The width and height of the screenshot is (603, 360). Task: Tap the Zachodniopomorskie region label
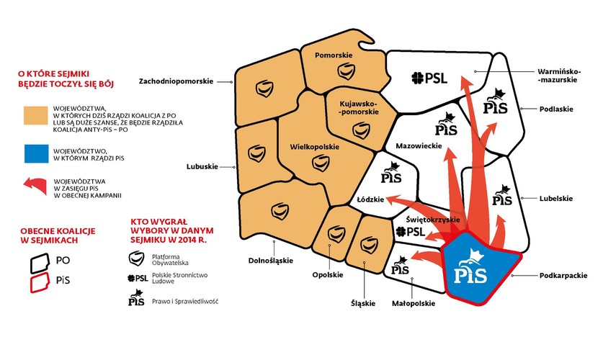click(x=177, y=81)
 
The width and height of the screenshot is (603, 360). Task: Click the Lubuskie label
click(x=202, y=166)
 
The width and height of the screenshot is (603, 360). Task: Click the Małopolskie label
click(x=412, y=303)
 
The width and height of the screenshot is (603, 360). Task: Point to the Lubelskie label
click(x=555, y=198)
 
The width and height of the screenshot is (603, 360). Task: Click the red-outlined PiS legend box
click(x=37, y=282)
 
